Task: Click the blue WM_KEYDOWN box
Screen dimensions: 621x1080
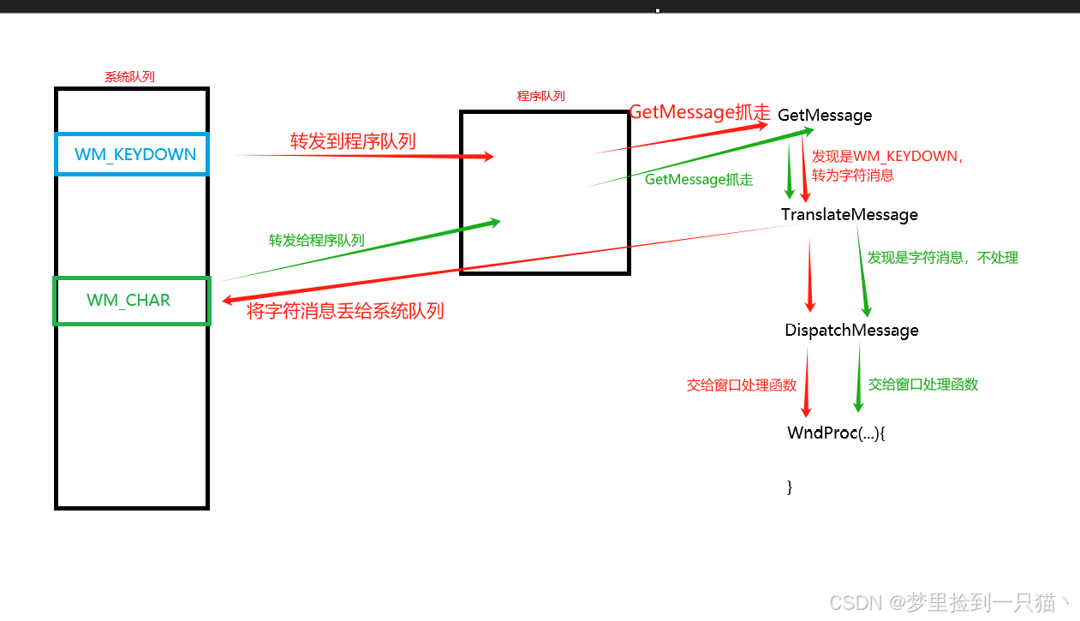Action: [132, 155]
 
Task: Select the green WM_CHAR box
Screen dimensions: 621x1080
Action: [132, 301]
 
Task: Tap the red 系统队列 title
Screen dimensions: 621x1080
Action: [129, 77]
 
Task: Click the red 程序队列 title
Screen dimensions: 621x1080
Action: [540, 96]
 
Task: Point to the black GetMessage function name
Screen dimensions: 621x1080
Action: [825, 116]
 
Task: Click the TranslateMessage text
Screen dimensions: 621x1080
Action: [849, 214]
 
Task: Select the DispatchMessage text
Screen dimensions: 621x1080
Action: [851, 331]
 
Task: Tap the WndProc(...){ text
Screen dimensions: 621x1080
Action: [835, 433]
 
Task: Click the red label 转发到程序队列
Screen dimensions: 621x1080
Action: [353, 141]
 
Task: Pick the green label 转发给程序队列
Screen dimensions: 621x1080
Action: [316, 241]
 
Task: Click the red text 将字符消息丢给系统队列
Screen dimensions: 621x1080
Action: [345, 311]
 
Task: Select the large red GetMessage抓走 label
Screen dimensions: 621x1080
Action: [700, 112]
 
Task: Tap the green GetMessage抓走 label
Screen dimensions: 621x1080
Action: [699, 180]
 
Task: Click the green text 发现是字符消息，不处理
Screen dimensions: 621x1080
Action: [942, 258]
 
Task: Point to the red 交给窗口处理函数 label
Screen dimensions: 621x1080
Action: [741, 385]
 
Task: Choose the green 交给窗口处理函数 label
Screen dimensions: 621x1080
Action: [922, 385]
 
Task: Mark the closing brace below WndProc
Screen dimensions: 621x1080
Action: [790, 487]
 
